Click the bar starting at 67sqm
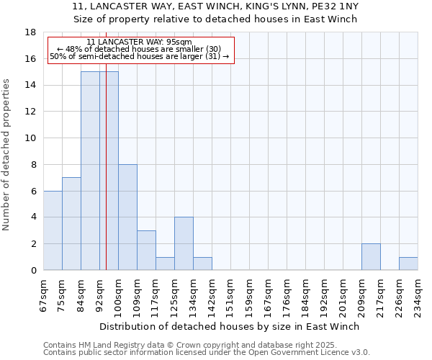[x=53, y=230]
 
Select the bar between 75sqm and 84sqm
[x=71, y=224]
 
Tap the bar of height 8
[x=127, y=217]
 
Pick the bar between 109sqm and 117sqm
[x=146, y=251]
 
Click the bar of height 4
[x=184, y=244]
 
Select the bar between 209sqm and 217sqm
[x=371, y=257]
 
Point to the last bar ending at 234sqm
[x=408, y=264]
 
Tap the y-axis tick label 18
[x=31, y=32]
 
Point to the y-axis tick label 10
[x=31, y=138]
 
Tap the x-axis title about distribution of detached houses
[x=230, y=326]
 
